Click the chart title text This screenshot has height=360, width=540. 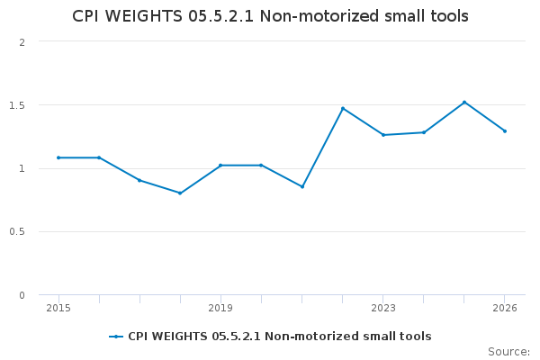click(x=270, y=17)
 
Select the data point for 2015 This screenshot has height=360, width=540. click(x=58, y=157)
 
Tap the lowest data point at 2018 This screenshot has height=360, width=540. click(x=180, y=193)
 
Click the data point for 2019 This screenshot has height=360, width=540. click(x=220, y=165)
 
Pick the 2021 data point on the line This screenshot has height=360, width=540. click(x=302, y=186)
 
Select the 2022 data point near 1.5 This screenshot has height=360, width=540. click(x=343, y=108)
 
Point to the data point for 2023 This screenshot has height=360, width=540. click(x=383, y=135)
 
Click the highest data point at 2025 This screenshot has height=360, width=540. click(x=464, y=102)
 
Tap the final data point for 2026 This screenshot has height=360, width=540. click(x=505, y=130)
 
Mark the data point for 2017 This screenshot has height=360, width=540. click(x=139, y=180)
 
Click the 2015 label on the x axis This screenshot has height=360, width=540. click(x=58, y=308)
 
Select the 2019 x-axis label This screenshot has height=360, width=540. click(x=220, y=308)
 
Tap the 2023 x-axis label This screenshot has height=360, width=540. click(x=383, y=308)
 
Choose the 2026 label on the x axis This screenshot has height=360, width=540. click(x=505, y=308)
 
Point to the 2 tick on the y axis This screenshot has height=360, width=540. click(x=22, y=42)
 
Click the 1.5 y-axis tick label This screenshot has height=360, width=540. click(x=17, y=105)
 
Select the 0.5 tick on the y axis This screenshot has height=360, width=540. click(x=17, y=231)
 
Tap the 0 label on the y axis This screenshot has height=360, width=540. click(x=22, y=295)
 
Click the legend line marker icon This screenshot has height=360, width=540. click(x=116, y=337)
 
